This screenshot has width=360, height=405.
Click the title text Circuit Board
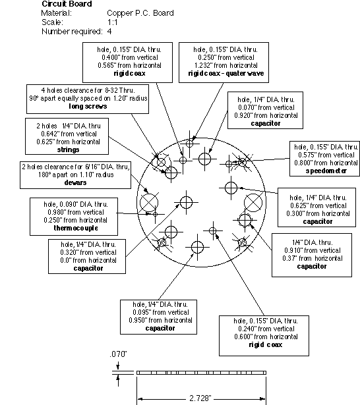pos(67,4)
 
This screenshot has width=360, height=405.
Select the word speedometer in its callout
pos(326,171)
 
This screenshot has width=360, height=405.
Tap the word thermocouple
pos(76,228)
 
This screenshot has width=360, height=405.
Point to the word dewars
pos(75,182)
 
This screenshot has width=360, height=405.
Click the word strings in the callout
pos(68,149)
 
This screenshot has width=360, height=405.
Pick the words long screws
pos(88,106)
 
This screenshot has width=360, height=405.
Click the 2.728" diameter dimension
pos(200,398)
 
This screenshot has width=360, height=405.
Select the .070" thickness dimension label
pos(118,354)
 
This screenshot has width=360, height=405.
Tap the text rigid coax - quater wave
pos(225,73)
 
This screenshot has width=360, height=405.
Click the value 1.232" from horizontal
pos(225,65)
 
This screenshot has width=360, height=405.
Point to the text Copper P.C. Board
pos(140,13)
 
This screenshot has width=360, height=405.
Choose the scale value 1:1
pos(112,22)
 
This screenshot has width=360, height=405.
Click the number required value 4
pos(109,32)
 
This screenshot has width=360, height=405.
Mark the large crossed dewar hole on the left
pos(149,203)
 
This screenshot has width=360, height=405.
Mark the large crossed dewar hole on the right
pos(253,203)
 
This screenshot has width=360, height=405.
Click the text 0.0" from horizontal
pos(88,260)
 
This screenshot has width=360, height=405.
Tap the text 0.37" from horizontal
pos(313,258)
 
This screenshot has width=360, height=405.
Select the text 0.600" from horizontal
pos(266,337)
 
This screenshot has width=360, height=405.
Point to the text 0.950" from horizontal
pos(160,320)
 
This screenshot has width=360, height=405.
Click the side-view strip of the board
pos(201,373)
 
